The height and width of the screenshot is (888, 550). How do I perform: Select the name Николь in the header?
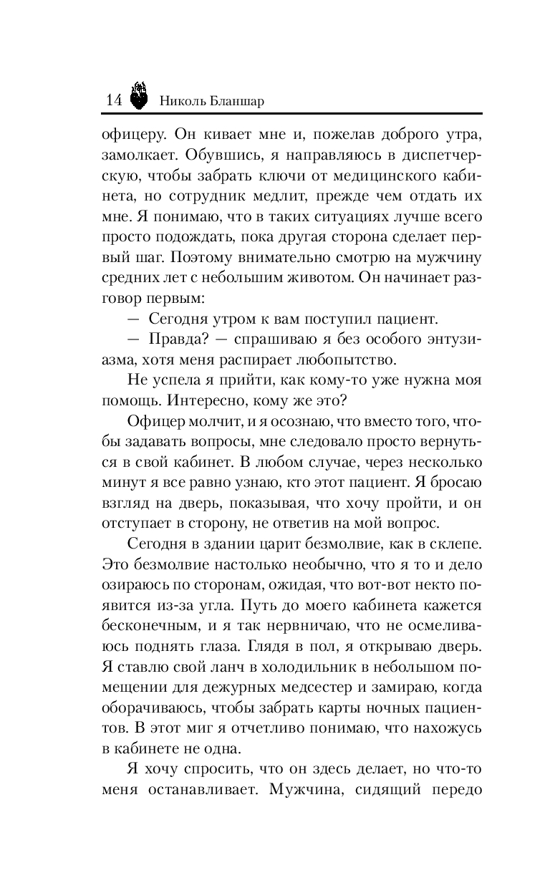pyautogui.click(x=183, y=101)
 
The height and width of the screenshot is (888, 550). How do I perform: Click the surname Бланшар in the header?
pyautogui.click(x=238, y=101)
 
